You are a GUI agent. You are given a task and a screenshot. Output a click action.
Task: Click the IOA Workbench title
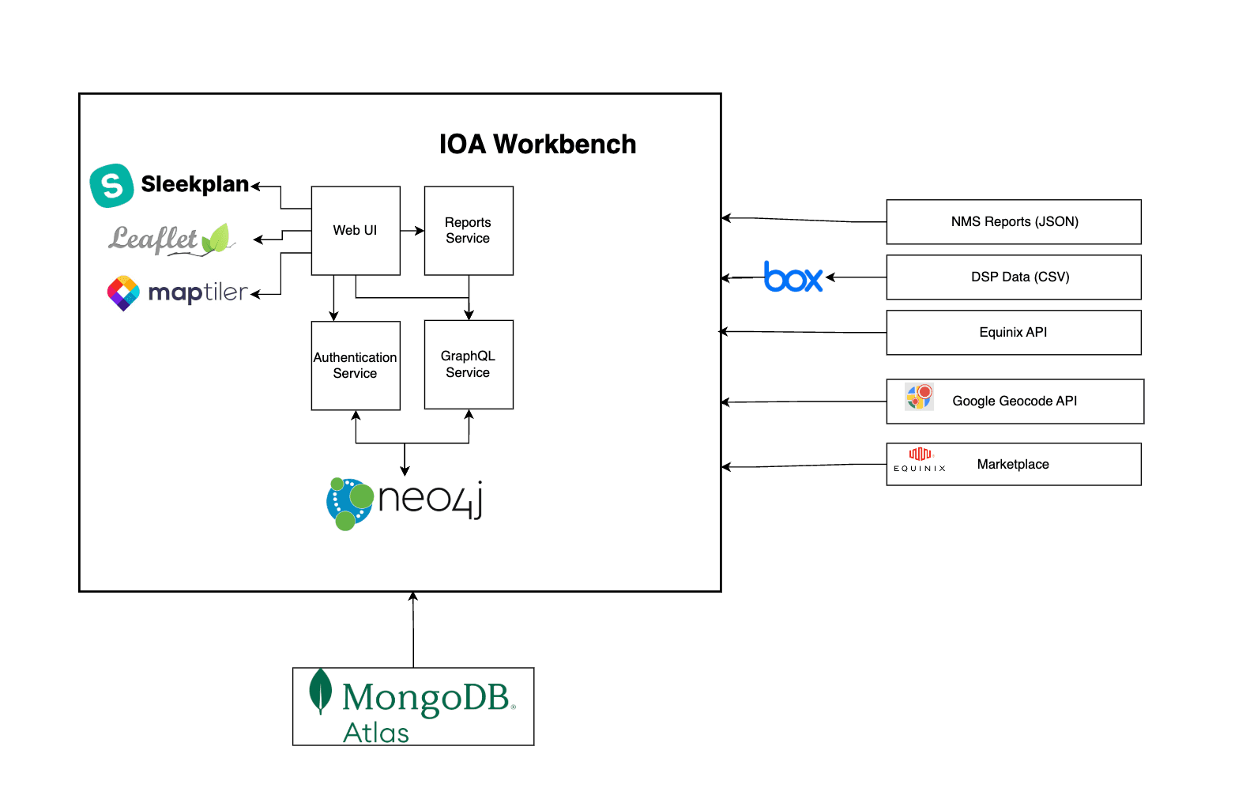click(537, 145)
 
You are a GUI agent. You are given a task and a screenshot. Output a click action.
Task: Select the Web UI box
click(356, 231)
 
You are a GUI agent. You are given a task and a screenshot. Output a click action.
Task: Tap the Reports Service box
click(469, 231)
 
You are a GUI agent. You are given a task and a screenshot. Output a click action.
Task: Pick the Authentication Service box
click(356, 365)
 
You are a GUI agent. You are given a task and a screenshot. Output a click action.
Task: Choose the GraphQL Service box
click(469, 364)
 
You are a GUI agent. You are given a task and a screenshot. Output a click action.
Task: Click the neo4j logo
click(405, 503)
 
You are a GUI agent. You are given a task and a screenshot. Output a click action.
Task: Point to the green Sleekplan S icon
click(111, 186)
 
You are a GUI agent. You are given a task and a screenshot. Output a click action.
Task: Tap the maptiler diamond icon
click(123, 293)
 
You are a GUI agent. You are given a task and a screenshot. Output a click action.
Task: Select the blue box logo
click(793, 277)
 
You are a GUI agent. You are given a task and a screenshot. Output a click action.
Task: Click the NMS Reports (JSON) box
click(1014, 222)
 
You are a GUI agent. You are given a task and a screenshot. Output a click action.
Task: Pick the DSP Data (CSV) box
click(1014, 277)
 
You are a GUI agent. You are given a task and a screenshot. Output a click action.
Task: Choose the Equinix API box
click(1014, 333)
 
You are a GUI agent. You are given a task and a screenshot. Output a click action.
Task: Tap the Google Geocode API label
click(1015, 401)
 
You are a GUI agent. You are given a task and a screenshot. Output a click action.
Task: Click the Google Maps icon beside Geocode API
click(919, 397)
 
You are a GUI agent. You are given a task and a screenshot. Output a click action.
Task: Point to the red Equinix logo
click(920, 454)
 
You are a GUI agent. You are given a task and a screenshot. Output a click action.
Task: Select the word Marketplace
click(1013, 465)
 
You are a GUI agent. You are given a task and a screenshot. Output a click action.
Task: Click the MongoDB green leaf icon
click(320, 691)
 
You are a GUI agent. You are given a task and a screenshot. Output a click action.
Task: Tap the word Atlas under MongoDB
click(376, 733)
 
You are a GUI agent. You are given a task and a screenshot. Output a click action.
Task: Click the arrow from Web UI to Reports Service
click(412, 231)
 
